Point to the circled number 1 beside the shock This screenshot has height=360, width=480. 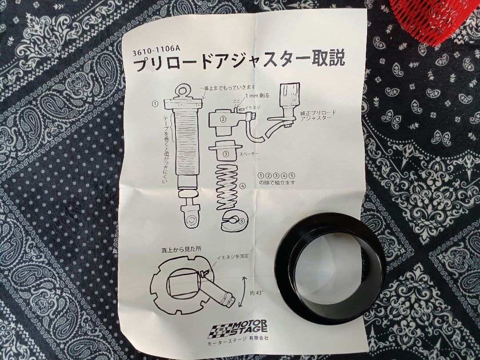click(155, 104)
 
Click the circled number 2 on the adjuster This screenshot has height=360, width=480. click(223, 119)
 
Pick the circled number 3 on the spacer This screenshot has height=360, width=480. click(226, 154)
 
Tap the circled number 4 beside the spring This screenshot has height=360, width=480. click(242, 186)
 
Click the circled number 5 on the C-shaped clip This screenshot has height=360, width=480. click(242, 220)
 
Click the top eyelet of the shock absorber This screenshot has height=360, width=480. click(183, 91)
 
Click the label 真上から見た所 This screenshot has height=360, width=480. click(180, 249)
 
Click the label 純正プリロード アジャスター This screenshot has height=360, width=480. click(318, 116)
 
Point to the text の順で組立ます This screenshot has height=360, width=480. click(277, 183)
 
